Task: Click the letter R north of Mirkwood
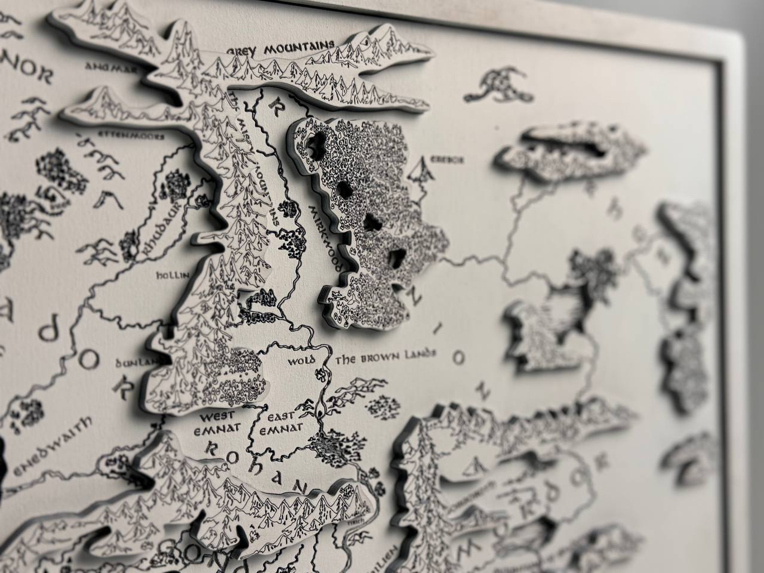pos(275,107)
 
